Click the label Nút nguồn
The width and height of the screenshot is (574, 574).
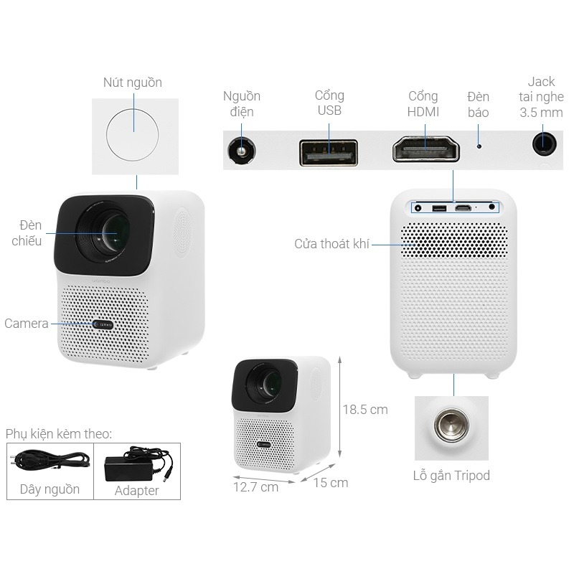[133, 83]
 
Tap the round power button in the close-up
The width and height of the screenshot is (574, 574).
[134, 132]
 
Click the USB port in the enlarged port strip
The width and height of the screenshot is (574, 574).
[329, 151]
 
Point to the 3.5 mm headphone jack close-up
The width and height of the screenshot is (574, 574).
[545, 141]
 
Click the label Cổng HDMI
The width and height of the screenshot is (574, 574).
[423, 104]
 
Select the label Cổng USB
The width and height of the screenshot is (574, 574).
[329, 103]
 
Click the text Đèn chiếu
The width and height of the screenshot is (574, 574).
[27, 233]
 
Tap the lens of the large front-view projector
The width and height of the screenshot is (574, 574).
[111, 233]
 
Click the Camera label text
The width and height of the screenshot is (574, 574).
[27, 324]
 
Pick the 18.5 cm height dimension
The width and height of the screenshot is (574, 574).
[364, 410]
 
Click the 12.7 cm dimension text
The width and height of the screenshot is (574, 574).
[255, 487]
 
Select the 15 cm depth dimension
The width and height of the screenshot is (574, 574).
[330, 483]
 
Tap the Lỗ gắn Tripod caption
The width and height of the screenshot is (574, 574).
[451, 476]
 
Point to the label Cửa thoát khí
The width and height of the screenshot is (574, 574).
[331, 244]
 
